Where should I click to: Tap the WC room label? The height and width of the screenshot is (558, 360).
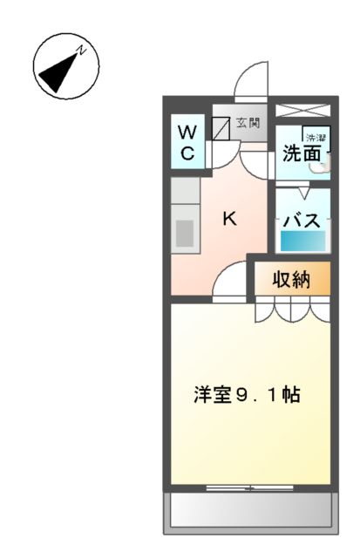pyautogui.click(x=187, y=142)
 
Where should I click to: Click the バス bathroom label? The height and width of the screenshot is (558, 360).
pyautogui.click(x=302, y=219)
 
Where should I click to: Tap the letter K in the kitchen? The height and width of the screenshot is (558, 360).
pyautogui.click(x=229, y=219)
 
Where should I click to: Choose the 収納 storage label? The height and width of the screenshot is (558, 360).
pyautogui.click(x=292, y=280)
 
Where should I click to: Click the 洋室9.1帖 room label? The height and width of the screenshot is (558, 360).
pyautogui.click(x=248, y=393)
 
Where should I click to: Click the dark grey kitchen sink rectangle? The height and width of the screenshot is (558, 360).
pyautogui.click(x=185, y=234)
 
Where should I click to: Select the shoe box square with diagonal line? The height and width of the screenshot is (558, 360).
pyautogui.click(x=221, y=127)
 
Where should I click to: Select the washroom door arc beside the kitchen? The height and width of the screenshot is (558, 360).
pyautogui.click(x=259, y=165)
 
